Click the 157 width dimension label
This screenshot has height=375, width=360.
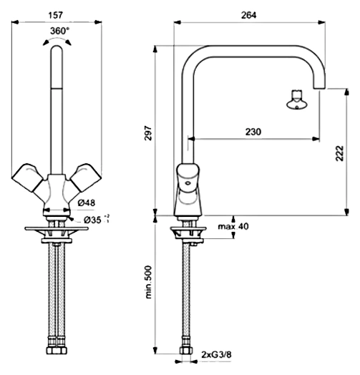56,15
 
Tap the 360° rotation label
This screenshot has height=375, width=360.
59,31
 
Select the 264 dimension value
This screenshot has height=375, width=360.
248,15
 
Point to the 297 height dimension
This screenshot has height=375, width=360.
148,133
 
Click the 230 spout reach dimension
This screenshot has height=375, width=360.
253,132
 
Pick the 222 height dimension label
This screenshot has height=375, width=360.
340,153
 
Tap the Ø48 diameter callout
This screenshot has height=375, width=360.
87,203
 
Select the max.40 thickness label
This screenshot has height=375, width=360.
233,226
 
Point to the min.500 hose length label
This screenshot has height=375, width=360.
148,282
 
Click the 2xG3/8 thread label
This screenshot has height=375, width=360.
216,354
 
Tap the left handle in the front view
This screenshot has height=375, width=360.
26,177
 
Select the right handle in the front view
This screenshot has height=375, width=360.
86,177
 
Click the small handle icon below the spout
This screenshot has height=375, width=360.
297,99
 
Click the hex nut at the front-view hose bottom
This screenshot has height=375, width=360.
57,351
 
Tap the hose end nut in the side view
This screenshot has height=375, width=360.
186,351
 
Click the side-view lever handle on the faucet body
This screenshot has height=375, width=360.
188,177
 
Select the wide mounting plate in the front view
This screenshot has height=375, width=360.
57,228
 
